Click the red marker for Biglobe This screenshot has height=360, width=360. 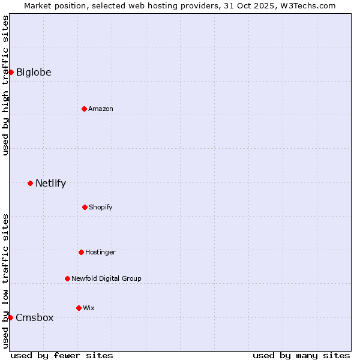coord(11,73)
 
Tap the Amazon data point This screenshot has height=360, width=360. coord(84,109)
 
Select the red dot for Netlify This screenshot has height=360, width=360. coord(30,183)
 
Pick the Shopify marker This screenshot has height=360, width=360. coord(85,207)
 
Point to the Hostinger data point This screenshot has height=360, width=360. coord(81,252)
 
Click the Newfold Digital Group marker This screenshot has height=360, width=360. coord(67,278)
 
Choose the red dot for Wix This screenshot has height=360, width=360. coord(79,308)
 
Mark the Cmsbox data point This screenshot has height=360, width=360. coord(10,317)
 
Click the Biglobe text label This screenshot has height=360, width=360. coord(34,73)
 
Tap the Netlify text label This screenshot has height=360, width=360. coord(50,184)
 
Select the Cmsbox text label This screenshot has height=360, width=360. coord(35,318)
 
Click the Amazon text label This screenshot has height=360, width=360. coord(101,109)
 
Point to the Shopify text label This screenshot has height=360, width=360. coord(101,207)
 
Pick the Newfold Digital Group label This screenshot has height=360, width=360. coord(106,278)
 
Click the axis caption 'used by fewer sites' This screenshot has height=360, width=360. coord(62,355)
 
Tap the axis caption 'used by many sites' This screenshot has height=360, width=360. coord(301,355)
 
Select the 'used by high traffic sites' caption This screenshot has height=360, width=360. coord(6,85)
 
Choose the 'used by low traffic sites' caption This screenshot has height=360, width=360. coord(6,281)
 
